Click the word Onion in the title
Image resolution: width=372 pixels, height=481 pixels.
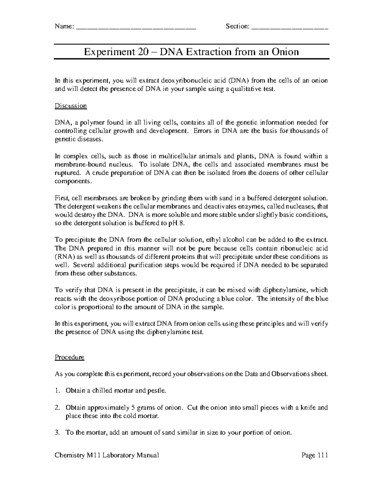tap(285, 51)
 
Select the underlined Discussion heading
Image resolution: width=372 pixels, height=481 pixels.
tap(71, 106)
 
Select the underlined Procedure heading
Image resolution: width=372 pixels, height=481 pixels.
tap(69, 357)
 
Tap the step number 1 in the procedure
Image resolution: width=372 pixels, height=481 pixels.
tap(57, 391)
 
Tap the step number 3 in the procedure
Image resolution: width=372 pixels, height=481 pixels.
tap(57, 433)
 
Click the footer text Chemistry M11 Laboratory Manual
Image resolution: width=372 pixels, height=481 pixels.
tap(107, 455)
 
